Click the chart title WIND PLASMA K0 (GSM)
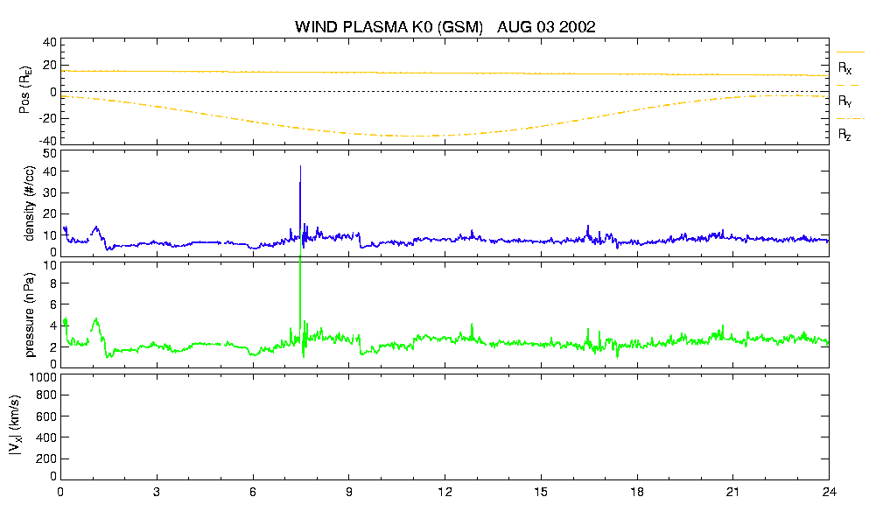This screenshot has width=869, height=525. (389, 27)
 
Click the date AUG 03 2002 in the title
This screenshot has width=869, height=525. (546, 26)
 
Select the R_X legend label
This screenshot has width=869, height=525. (844, 68)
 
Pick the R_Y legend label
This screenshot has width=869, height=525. (844, 101)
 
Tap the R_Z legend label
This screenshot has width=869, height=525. (844, 134)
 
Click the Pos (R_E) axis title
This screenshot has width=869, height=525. (25, 90)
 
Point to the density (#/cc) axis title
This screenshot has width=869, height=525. (30, 204)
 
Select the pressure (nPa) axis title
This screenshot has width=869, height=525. (30, 315)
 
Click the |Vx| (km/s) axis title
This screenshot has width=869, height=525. (16, 426)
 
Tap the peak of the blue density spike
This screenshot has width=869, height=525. (300, 165)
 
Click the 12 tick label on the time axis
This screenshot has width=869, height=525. (445, 492)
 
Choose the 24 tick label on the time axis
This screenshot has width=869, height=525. (829, 492)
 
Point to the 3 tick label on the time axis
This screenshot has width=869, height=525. (157, 492)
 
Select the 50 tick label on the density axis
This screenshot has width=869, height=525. (50, 154)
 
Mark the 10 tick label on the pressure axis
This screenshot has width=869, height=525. (50, 265)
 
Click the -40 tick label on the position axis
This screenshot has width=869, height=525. (47, 141)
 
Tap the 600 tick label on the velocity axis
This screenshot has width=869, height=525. (47, 416)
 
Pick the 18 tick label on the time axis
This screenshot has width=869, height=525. (637, 492)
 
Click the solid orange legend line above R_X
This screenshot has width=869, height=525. (850, 52)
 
